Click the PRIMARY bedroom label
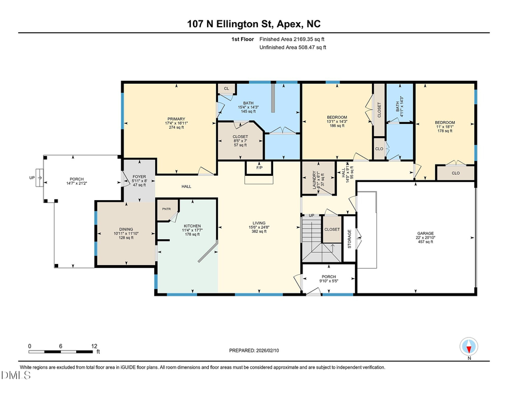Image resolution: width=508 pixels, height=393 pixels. pos(176,118)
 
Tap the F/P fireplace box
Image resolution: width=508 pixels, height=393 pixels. pos(259,168)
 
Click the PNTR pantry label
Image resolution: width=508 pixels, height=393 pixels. pos(166,209)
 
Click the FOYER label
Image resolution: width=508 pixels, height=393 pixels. pos(139,177)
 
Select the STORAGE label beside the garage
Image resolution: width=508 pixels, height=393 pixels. pos(349,238)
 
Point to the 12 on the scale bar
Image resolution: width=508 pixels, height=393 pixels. pos(94,346)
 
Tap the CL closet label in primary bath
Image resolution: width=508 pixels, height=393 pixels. pos(226,89)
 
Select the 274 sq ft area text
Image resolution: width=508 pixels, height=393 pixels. pos(176,128)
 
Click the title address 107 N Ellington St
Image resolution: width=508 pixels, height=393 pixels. pos(253,24)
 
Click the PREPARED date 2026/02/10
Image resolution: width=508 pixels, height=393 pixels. pos(253,351)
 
